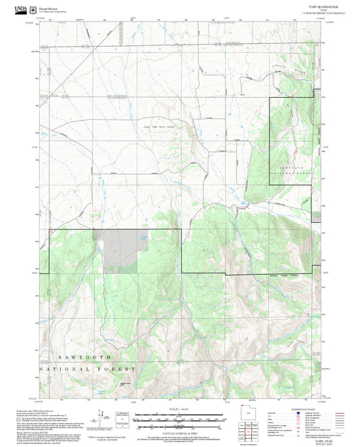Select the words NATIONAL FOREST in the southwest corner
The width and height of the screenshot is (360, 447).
pos(88,369)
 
